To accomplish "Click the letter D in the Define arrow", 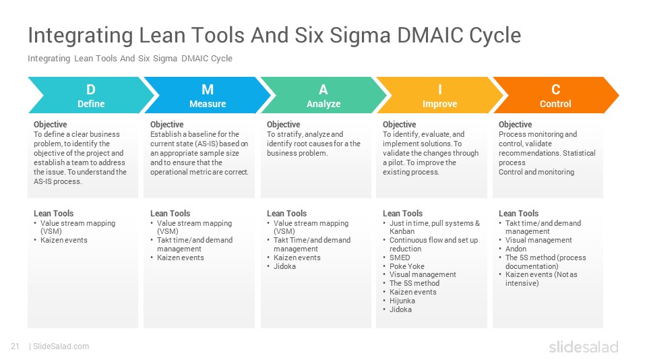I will pyautogui.click(x=91, y=90).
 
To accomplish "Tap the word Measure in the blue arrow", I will pyautogui.click(x=208, y=104).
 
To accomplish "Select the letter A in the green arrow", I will pyautogui.click(x=323, y=90).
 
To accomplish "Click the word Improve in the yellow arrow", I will pyautogui.click(x=439, y=104).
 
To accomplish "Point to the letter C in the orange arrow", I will pyautogui.click(x=555, y=90).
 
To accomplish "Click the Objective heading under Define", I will pyautogui.click(x=51, y=125).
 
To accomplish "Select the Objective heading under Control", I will pyautogui.click(x=515, y=125).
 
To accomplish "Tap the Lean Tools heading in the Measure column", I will pyautogui.click(x=170, y=214).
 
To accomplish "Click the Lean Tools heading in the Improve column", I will pyautogui.click(x=403, y=214).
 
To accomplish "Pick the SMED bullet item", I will pyautogui.click(x=400, y=257).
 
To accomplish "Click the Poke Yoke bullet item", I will pyautogui.click(x=407, y=266).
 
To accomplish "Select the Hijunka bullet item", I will pyautogui.click(x=403, y=301).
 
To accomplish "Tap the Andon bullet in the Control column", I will pyautogui.click(x=516, y=249).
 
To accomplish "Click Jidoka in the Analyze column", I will pyautogui.click(x=284, y=266).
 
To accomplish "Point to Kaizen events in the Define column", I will pyautogui.click(x=63, y=240).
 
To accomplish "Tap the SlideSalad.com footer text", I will pyautogui.click(x=61, y=346).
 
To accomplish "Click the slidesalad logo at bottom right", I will pyautogui.click(x=583, y=347).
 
